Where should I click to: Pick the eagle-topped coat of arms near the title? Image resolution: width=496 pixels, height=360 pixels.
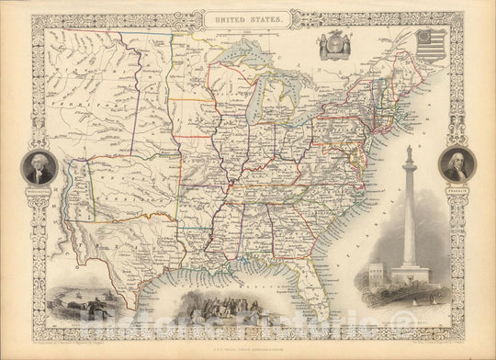[335, 51]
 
